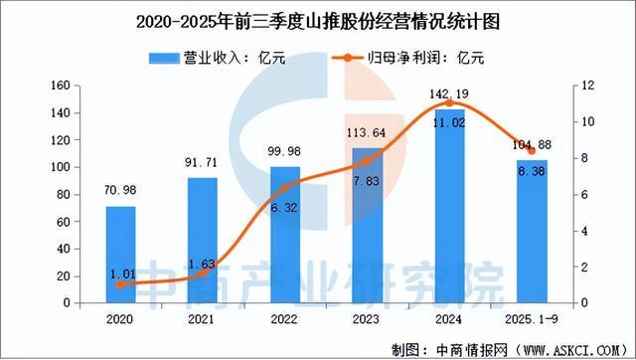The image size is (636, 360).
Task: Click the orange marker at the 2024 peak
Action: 449,102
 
